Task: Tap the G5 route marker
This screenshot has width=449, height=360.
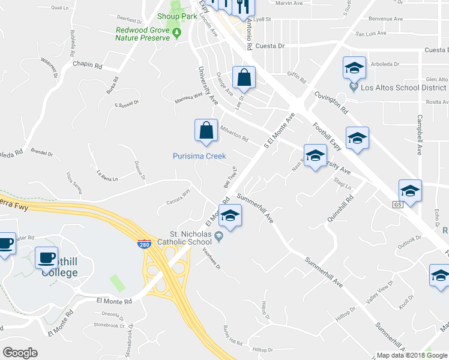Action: [x=397, y=205]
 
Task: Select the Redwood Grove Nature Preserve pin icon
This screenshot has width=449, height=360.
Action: [x=177, y=32]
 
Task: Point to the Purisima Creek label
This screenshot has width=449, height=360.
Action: [x=199, y=156]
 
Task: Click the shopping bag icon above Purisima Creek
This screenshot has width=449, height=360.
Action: [x=206, y=130]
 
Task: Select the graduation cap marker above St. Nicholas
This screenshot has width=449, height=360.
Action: [x=229, y=215]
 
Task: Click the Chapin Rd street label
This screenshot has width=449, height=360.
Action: [x=88, y=63]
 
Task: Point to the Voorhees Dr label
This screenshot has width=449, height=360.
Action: [x=212, y=259]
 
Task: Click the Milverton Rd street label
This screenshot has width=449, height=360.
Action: [x=234, y=133]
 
